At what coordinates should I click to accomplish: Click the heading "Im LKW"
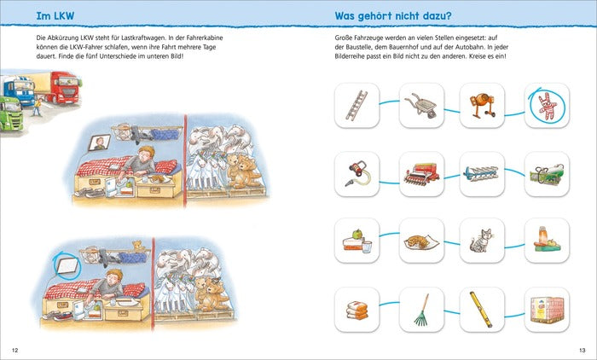click(x=55, y=16)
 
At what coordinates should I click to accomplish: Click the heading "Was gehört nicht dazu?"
click(x=393, y=16)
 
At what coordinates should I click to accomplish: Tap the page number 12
click(x=14, y=350)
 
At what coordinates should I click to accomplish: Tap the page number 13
click(x=583, y=350)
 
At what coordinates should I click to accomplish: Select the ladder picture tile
click(x=356, y=106)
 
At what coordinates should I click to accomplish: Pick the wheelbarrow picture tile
click(x=421, y=106)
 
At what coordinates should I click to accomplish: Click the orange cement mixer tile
click(x=482, y=106)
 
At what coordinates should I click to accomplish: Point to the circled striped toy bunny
click(x=547, y=106)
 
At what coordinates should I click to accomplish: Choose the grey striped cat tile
click(x=482, y=241)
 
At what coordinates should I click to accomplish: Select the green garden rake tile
click(x=421, y=310)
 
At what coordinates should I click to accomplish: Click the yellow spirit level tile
click(x=482, y=310)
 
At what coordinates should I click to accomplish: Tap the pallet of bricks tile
click(x=547, y=310)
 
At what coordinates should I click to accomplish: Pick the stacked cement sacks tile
click(x=356, y=310)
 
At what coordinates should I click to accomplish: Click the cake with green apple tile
click(x=356, y=241)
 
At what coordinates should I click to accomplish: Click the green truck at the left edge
click(x=10, y=113)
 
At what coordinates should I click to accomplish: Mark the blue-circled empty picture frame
click(x=67, y=265)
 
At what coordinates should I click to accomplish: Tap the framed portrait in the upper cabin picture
click(x=100, y=142)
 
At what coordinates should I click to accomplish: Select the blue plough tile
click(x=482, y=174)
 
